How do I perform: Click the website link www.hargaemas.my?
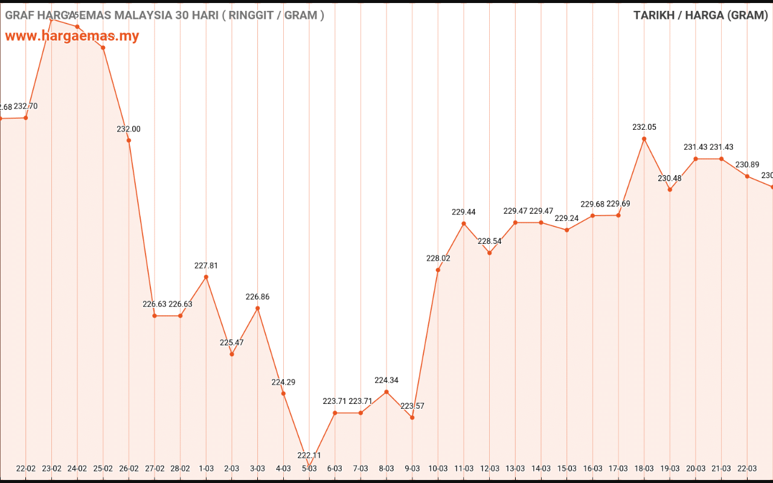[x=72, y=36]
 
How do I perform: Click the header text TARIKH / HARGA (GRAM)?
[x=701, y=16]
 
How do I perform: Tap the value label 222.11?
[x=309, y=455]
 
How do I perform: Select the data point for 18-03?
[x=644, y=139]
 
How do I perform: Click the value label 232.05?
[x=644, y=127]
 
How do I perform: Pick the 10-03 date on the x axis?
[x=438, y=469]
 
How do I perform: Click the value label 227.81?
[x=206, y=266]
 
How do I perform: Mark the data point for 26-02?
[x=129, y=141]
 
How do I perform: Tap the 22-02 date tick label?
[x=25, y=469]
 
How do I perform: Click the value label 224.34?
[x=386, y=380]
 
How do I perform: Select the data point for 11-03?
[x=464, y=223]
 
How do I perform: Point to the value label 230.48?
[x=670, y=178]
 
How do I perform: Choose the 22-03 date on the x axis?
[x=747, y=469]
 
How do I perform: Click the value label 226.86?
[x=258, y=297]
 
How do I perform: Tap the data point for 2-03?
[x=232, y=354]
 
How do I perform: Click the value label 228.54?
[x=490, y=241]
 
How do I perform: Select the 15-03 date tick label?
[x=567, y=469]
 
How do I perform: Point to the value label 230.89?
[x=747, y=165]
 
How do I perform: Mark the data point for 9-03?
[x=412, y=417]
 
